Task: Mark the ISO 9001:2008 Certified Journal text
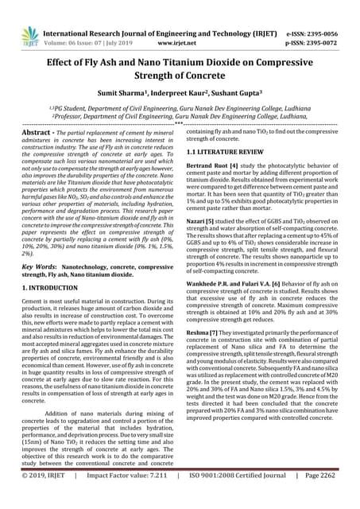(241, 499)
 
